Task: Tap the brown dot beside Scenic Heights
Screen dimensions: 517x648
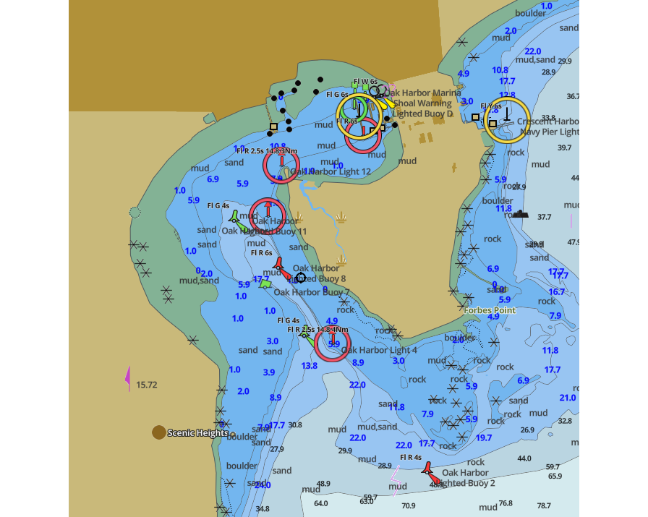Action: (158, 432)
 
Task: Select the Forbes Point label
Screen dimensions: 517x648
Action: (490, 311)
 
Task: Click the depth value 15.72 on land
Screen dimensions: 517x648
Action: (147, 385)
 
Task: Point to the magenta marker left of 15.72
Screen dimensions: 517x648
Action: (129, 377)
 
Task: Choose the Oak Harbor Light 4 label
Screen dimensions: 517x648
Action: (379, 350)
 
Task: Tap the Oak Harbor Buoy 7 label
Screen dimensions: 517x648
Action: (311, 292)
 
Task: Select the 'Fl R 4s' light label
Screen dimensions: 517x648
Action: (411, 457)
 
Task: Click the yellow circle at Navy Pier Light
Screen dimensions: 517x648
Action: (507, 119)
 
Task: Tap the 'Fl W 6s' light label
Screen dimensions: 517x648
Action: (365, 82)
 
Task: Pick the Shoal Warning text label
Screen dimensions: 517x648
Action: (423, 103)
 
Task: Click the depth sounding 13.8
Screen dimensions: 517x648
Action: (310, 366)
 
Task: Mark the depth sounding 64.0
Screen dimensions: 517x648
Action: (320, 503)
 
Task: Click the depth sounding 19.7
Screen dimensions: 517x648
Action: (484, 437)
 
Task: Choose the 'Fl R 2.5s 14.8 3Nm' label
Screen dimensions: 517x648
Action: (267, 151)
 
